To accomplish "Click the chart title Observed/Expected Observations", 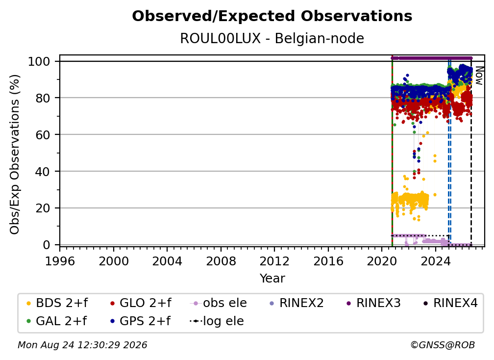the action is [272, 16].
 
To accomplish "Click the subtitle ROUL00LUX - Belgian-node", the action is [272, 38].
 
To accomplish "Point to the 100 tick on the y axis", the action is [44, 61].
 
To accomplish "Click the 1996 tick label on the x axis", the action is [60, 261].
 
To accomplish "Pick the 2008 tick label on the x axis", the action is [221, 261].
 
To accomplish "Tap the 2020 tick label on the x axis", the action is [382, 261].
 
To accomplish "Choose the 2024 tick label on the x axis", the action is [435, 261].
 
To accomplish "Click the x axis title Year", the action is [272, 279].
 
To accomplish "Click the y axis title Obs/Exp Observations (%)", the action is [15, 154].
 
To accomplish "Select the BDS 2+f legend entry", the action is [57, 303].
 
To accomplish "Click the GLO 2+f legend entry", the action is [141, 303].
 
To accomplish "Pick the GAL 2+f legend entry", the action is [56, 321].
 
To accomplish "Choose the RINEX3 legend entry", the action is [373, 303].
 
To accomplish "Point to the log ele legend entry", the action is [217, 321].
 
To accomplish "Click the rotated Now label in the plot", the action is [479, 76].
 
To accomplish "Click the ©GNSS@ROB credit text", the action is [443, 345].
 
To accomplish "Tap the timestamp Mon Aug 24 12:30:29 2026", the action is [82, 345].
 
